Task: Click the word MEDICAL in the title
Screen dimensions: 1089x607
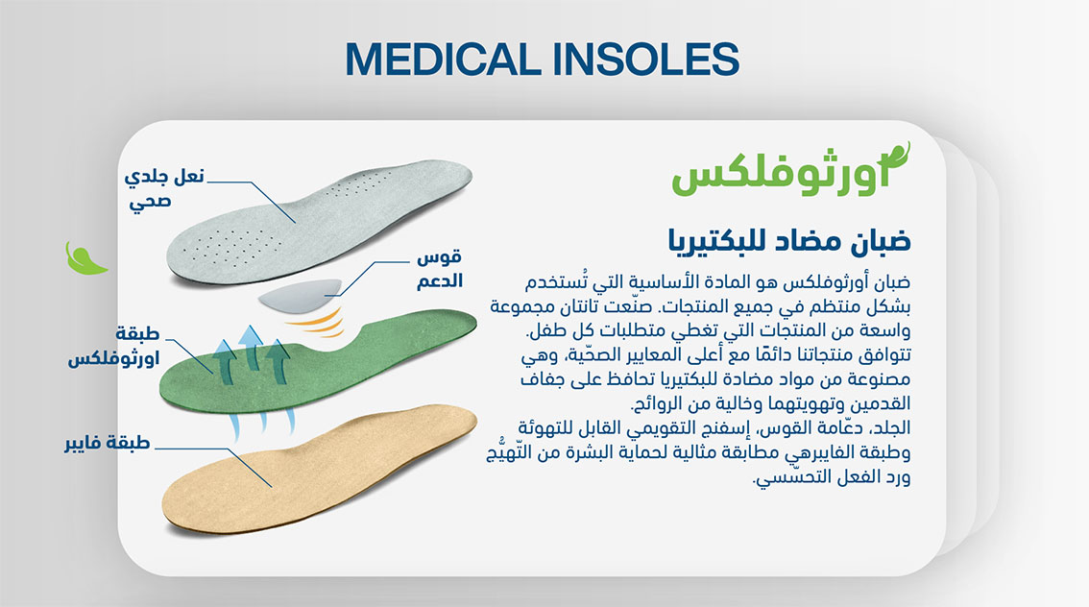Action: (443, 59)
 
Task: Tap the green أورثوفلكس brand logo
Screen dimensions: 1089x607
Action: (791, 170)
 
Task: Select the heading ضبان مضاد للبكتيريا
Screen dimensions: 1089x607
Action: (789, 240)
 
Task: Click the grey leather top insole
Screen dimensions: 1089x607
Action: (320, 222)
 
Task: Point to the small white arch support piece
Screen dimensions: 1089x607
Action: (300, 295)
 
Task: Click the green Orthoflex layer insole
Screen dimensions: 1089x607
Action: (318, 361)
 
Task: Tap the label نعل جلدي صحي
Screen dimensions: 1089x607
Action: (164, 188)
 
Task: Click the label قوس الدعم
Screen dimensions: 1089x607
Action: (440, 269)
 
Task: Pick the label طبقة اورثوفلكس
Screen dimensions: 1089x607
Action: (114, 346)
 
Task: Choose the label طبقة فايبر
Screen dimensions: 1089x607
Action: (108, 443)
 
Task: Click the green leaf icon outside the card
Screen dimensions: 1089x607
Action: (85, 258)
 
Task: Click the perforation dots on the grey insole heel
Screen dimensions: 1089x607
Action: (230, 245)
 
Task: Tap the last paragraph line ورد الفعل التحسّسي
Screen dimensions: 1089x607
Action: (832, 476)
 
